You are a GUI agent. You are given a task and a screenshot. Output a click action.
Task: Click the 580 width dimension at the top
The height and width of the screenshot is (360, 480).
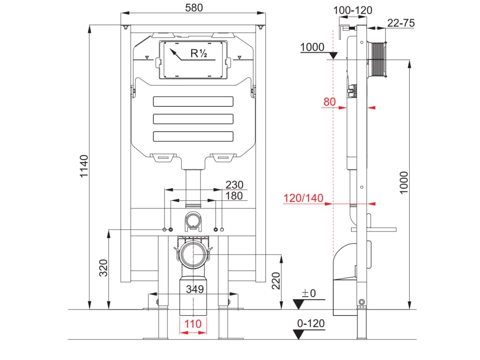coord(194,8)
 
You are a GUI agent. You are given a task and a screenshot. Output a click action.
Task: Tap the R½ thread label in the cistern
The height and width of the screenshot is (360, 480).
coord(199,53)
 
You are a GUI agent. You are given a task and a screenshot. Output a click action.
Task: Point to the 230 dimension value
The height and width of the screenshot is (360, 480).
coord(234,184)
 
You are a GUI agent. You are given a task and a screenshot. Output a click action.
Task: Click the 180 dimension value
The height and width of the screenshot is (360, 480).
coord(234,195)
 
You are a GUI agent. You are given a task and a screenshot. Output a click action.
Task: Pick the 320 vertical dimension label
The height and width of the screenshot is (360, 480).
coord(104,268)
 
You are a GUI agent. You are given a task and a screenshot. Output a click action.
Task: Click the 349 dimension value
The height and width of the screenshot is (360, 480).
coord(195,289)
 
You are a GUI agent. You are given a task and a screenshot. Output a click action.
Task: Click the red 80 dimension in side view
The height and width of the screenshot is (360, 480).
coord(330,102)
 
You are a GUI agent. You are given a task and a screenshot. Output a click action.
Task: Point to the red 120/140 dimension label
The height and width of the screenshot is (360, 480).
coord(303,198)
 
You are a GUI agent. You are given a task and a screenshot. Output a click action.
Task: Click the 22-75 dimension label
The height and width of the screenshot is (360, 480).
coord(401,23)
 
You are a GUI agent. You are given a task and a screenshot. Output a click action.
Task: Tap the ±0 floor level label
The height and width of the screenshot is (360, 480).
coord(308,293)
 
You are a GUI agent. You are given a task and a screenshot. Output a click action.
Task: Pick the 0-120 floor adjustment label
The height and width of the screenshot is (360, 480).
coord(311,323)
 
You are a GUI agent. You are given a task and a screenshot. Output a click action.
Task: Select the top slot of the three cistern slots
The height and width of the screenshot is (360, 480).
coord(193,101)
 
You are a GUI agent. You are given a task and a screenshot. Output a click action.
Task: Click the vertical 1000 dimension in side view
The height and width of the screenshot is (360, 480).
coord(404,182)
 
